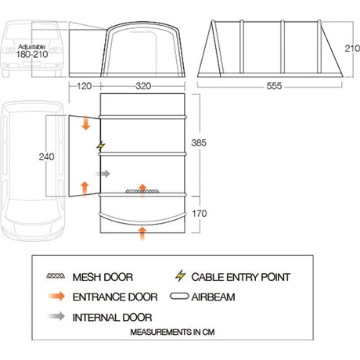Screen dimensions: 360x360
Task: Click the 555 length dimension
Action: point(274,86)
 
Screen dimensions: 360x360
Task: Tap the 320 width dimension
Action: point(143,86)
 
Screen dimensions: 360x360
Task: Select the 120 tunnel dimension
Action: point(84,86)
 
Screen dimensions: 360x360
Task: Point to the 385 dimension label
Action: point(199,142)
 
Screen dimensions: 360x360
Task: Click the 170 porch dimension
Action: point(200,214)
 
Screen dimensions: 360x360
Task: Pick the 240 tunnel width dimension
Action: point(47,157)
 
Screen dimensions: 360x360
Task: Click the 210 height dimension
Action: point(352,49)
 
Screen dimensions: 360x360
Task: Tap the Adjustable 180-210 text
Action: point(32,51)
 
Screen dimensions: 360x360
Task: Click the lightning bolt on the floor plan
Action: point(101,146)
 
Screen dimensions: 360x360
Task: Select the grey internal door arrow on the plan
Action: point(103,174)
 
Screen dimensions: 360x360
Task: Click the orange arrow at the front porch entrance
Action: point(142,233)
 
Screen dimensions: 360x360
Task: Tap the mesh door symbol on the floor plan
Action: point(142,192)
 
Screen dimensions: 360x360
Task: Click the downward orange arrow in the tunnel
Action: point(86,124)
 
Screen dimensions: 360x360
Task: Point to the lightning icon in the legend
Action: point(180,276)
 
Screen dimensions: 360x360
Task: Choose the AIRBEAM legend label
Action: point(213,297)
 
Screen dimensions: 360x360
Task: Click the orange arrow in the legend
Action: point(56,297)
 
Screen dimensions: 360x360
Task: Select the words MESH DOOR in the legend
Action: point(103,277)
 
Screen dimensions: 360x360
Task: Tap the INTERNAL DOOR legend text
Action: point(112,318)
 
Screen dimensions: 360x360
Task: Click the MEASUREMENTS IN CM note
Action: point(172,332)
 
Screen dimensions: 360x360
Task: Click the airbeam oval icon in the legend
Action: point(179,297)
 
